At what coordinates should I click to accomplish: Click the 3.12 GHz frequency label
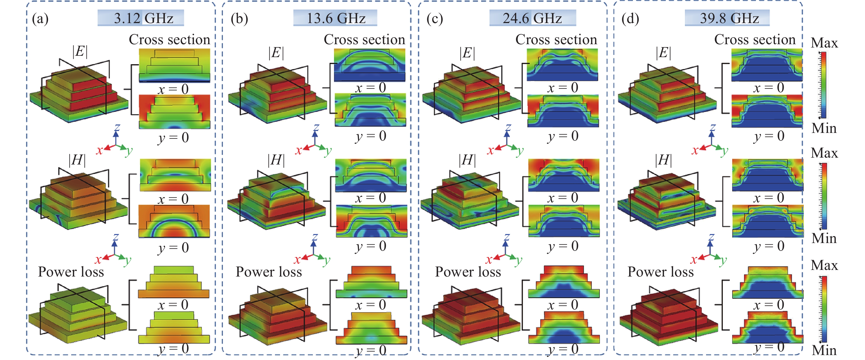click(x=143, y=18)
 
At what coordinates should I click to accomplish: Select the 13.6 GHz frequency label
click(x=336, y=18)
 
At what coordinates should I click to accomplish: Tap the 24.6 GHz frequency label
click(x=532, y=18)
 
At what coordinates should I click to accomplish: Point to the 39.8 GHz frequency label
click(x=729, y=18)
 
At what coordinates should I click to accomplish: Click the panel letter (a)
click(x=40, y=18)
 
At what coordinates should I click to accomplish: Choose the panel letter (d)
click(x=630, y=18)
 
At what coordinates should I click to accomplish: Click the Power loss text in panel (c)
click(x=468, y=271)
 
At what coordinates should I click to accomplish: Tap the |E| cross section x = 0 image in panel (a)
click(x=175, y=65)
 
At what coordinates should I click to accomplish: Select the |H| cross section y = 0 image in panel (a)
click(x=174, y=221)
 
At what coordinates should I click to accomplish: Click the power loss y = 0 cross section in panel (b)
click(x=371, y=328)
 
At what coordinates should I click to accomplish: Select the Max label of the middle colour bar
click(x=824, y=153)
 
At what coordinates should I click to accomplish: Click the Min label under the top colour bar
click(x=824, y=128)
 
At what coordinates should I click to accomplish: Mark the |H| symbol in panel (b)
click(x=276, y=160)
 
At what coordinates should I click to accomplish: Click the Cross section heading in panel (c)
click(x=556, y=40)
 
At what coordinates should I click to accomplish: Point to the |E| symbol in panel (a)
click(x=80, y=51)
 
